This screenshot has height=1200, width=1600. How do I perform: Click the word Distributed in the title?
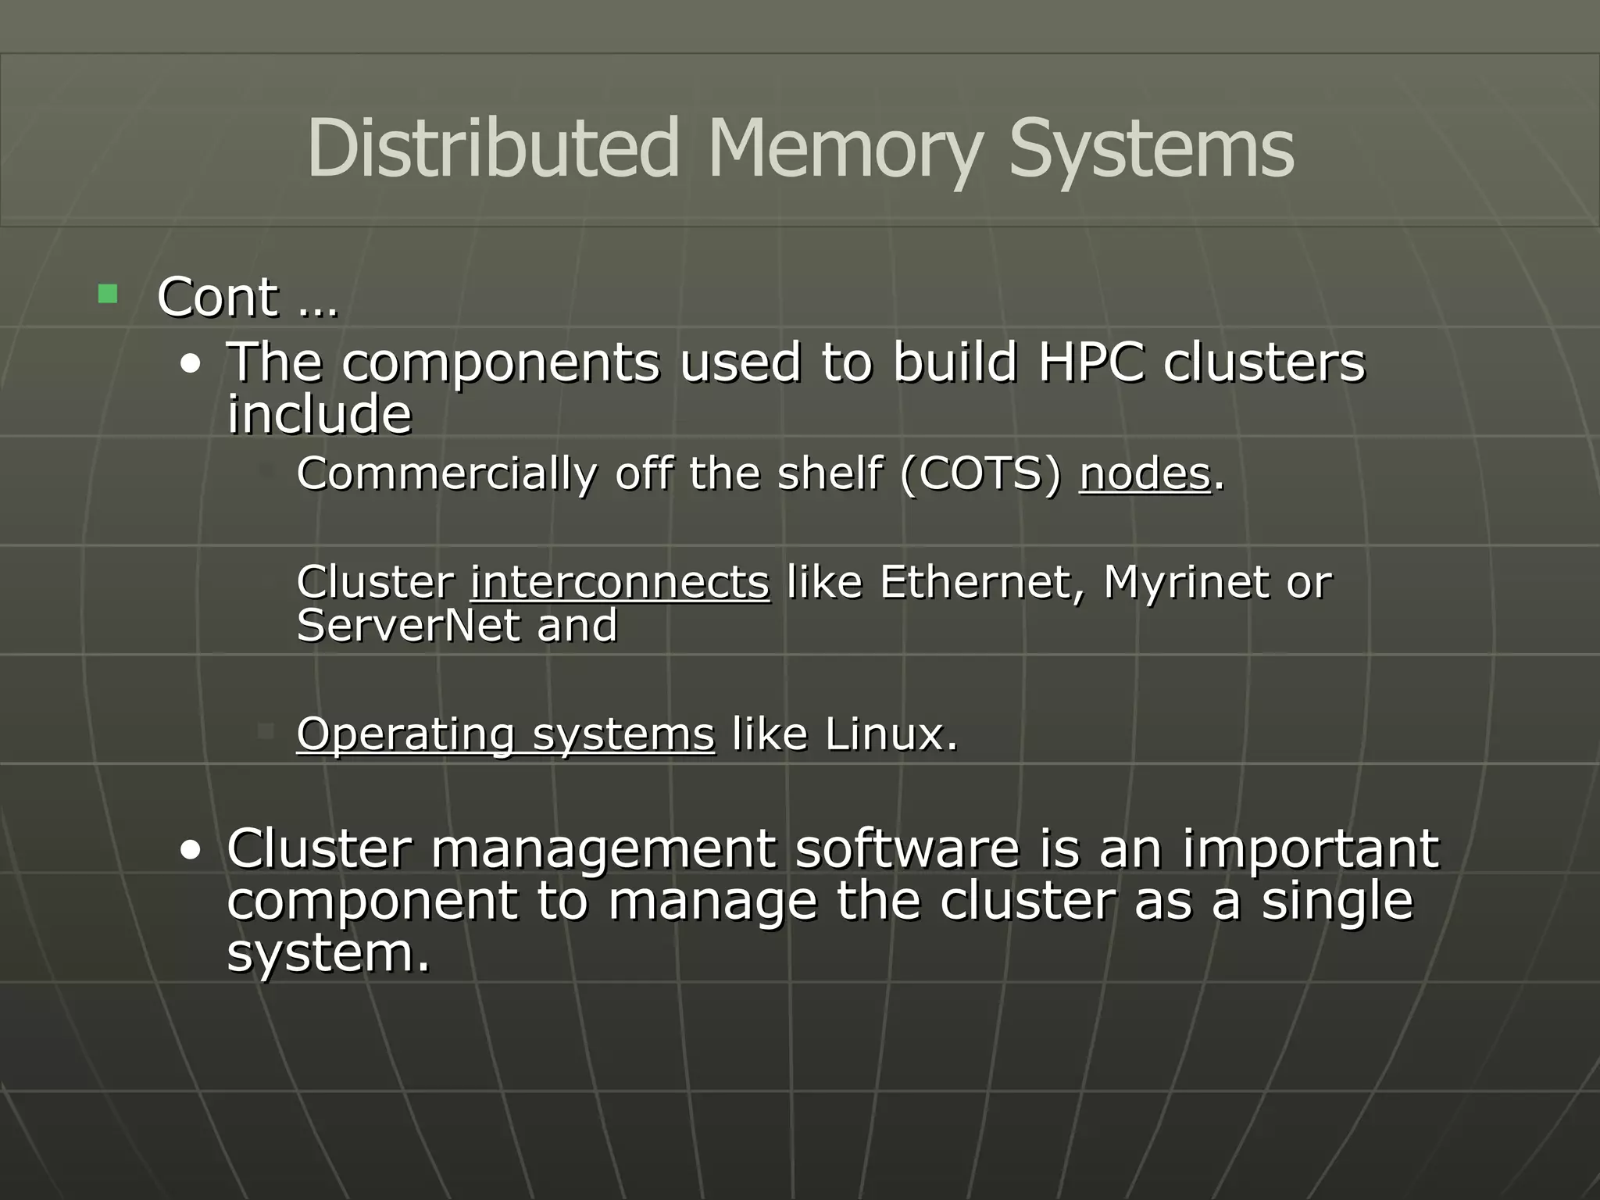[493, 148]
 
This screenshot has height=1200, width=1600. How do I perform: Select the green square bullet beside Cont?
[108, 295]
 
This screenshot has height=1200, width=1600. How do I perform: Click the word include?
[319, 414]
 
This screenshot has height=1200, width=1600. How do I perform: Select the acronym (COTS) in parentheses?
[980, 473]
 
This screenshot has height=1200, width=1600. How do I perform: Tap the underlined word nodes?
[1145, 473]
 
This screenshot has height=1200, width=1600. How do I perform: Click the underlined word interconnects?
[620, 582]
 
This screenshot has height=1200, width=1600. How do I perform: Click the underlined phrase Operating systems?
[505, 734]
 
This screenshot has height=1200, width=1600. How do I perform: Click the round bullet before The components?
[190, 365]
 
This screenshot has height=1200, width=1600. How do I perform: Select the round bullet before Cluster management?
[190, 851]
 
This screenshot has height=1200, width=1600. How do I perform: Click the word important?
[1310, 849]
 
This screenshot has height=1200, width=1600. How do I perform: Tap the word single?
[1337, 901]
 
